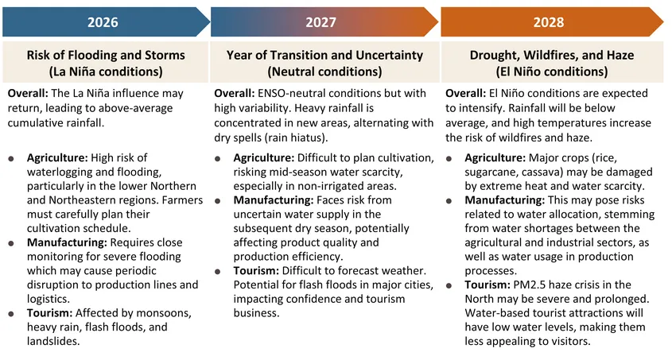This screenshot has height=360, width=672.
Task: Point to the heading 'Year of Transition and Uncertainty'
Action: [324, 56]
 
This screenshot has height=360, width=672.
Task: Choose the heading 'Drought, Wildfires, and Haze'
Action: [551, 56]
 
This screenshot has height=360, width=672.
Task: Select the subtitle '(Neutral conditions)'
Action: [324, 72]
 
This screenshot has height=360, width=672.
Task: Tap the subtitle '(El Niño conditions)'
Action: [551, 72]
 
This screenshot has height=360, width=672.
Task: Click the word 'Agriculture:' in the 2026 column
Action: [58, 157]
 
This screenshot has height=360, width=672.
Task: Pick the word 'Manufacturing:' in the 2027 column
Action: [273, 199]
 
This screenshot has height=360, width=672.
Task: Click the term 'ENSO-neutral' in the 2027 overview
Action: [293, 93]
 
